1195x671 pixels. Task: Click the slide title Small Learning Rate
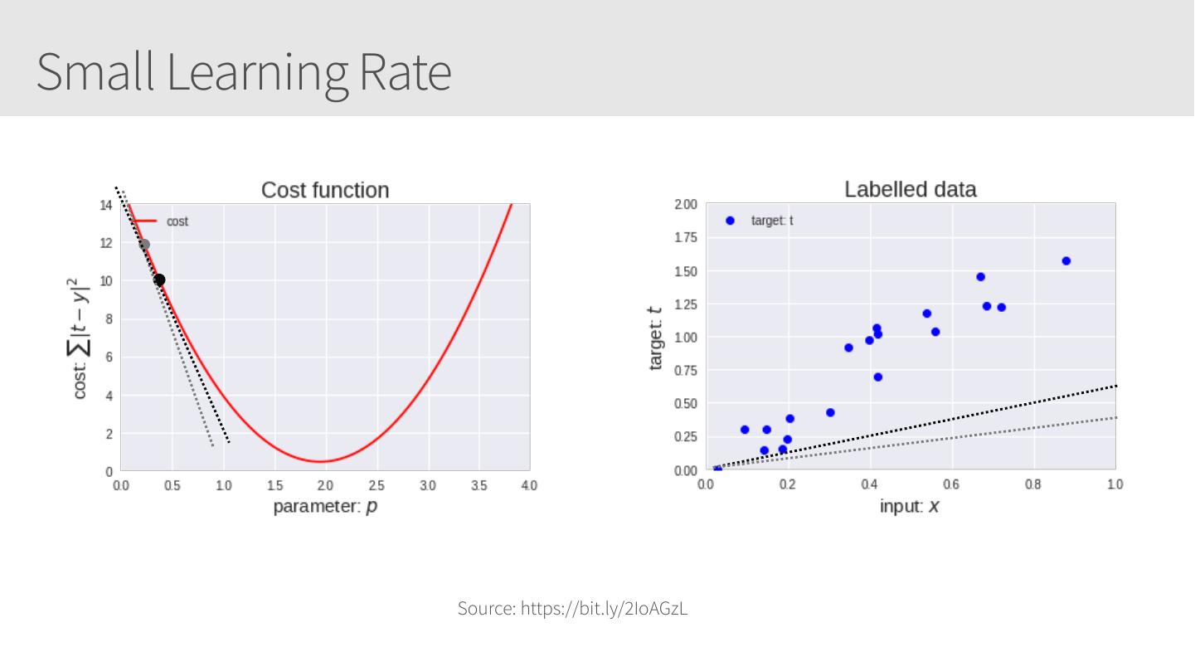click(x=244, y=72)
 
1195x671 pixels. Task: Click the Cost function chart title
click(x=325, y=190)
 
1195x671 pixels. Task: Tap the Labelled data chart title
click(x=910, y=189)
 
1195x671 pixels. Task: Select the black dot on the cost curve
click(x=159, y=280)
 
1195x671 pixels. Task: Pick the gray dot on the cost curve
click(x=144, y=245)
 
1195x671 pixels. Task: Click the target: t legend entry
click(x=771, y=221)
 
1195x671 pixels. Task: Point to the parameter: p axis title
click(x=325, y=505)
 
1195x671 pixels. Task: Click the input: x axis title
click(x=910, y=505)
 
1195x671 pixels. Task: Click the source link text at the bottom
click(x=572, y=609)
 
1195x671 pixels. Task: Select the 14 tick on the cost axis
click(x=106, y=205)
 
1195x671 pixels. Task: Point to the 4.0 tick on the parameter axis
click(x=529, y=485)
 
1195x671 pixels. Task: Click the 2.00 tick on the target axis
click(x=686, y=205)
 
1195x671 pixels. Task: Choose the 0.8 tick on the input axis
click(x=1033, y=484)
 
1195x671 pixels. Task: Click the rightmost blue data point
click(x=1066, y=261)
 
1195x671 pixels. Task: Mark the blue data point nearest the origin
click(x=717, y=469)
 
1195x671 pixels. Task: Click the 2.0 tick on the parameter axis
click(x=325, y=485)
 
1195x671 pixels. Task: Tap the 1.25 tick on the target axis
click(x=686, y=304)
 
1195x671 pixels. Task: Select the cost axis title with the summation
click(x=80, y=338)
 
